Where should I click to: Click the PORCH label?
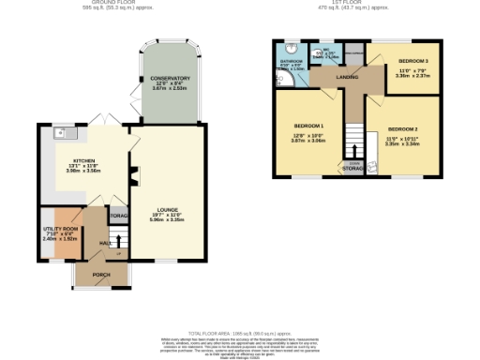click(96, 275)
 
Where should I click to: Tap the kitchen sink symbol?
click(58, 132)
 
